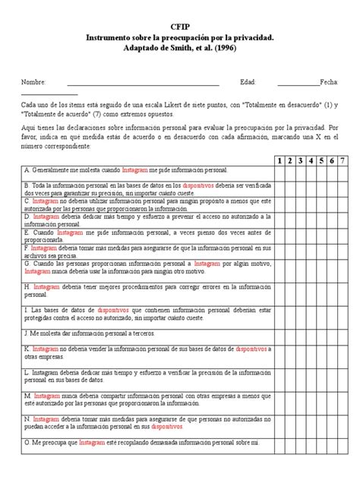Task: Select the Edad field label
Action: (x=248, y=81)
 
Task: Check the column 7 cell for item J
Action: (x=343, y=333)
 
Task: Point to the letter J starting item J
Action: (x=26, y=333)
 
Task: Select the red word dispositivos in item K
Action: (x=251, y=347)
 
